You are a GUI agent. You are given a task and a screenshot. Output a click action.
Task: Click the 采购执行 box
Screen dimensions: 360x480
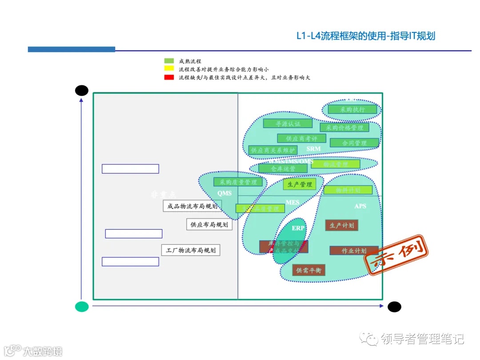point(352,109)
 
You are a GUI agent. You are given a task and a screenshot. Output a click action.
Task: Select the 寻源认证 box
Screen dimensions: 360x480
point(288,124)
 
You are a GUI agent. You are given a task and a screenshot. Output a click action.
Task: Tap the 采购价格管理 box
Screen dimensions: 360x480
point(344,128)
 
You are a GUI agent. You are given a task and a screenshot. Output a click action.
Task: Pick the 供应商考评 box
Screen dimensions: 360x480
point(301,138)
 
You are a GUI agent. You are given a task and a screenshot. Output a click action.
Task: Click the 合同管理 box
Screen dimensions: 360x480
point(354,143)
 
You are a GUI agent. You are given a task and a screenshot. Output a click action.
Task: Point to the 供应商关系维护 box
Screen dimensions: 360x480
point(272,150)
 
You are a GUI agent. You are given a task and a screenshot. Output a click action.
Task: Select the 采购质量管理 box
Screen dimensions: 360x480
point(238,182)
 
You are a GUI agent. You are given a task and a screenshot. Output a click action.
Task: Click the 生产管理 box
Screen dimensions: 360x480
point(300,184)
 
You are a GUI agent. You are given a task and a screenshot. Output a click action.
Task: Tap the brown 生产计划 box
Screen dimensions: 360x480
point(341,225)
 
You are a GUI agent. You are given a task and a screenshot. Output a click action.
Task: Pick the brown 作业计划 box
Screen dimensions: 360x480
point(354,251)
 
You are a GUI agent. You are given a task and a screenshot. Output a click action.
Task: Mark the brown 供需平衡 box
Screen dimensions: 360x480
point(308,270)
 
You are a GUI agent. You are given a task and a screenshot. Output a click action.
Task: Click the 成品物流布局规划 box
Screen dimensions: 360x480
point(192,206)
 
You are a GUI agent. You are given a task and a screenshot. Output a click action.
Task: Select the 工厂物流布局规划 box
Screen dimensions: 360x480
point(191,250)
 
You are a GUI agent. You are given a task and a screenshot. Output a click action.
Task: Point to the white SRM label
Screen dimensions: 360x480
point(313,149)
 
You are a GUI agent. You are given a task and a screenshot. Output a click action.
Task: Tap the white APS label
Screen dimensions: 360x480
point(360,206)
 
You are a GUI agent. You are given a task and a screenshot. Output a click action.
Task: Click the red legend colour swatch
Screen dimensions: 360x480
point(169,77)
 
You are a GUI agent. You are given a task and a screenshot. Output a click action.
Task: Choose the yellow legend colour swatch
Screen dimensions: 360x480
point(169,69)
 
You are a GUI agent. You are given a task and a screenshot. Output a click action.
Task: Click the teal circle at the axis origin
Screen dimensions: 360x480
point(82,306)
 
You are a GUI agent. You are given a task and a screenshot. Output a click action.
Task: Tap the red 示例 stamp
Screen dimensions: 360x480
point(396,256)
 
